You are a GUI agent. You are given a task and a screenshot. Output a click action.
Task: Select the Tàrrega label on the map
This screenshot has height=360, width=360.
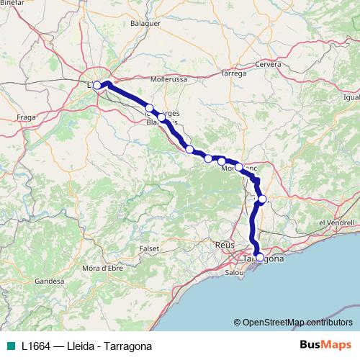coord(233,73)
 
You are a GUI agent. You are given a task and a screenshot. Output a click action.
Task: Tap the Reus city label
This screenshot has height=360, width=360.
coord(225,246)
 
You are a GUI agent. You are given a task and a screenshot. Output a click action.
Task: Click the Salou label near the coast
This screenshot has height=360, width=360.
coord(235,274)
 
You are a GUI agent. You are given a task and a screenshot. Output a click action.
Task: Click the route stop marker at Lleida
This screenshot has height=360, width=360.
coord(97,85)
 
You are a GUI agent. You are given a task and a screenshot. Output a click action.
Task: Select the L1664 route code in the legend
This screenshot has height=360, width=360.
coord(36,346)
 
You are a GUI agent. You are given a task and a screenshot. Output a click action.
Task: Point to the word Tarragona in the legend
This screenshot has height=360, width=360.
coord(128,346)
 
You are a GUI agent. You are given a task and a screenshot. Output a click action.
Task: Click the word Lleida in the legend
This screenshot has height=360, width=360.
coord(80,346)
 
